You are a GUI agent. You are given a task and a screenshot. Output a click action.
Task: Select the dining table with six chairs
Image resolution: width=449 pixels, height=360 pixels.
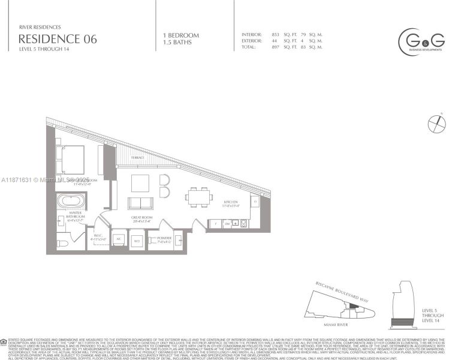(x=198, y=196)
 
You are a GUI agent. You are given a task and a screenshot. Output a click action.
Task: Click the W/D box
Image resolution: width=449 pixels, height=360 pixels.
(x=137, y=241)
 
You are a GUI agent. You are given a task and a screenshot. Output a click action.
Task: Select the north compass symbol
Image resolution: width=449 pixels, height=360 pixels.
(x=436, y=124)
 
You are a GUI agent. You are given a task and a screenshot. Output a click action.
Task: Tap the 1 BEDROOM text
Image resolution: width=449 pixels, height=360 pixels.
(x=180, y=35)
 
